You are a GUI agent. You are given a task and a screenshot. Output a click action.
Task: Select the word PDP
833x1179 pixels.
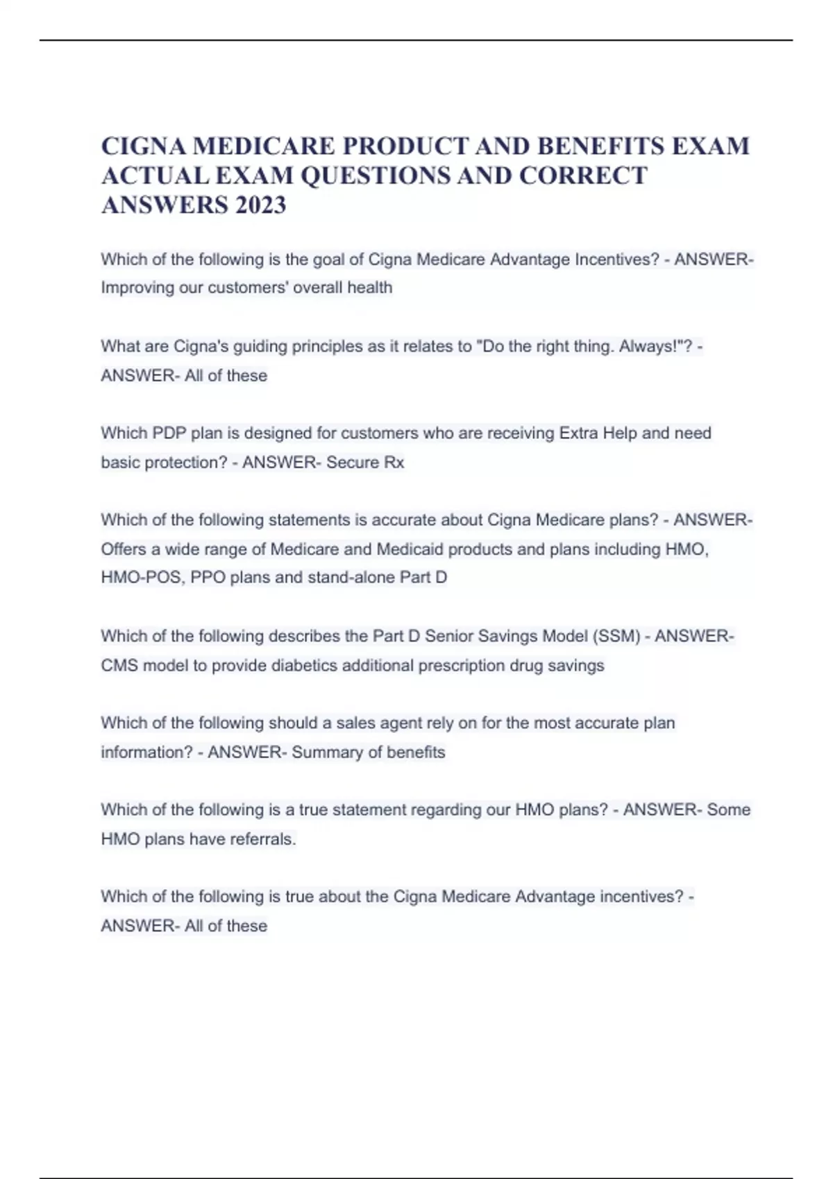click(168, 433)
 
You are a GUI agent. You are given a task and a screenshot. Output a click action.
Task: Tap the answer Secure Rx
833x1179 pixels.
click(365, 463)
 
